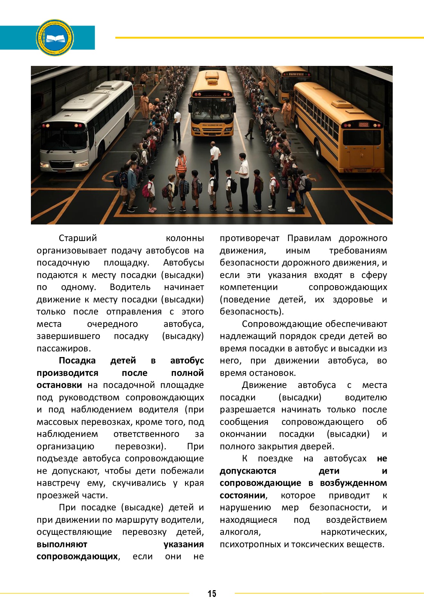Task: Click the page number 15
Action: point(212,594)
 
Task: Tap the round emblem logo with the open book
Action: point(55,38)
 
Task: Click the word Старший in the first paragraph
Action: point(78,238)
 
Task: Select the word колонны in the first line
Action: point(185,238)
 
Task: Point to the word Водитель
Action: point(130,287)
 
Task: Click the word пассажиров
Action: point(63,348)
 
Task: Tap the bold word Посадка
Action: point(77,360)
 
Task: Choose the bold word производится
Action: point(67,373)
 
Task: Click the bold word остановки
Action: point(59,385)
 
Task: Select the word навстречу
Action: point(58,483)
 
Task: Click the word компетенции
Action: point(249,287)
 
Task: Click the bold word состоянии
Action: point(242,495)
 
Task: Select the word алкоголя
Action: point(240,532)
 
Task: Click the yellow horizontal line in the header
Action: point(269,38)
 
